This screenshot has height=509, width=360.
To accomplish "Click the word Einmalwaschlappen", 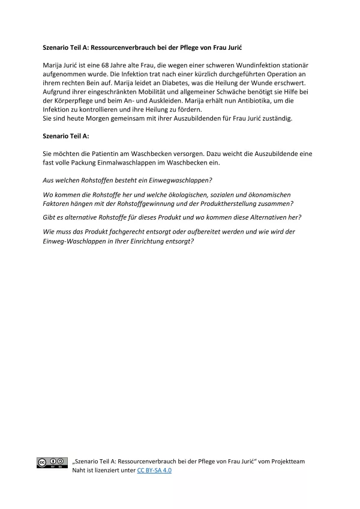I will click(142, 163).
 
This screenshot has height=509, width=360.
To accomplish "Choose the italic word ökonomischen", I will click(266, 194).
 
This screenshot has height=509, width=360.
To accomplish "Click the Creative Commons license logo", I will click(52, 462).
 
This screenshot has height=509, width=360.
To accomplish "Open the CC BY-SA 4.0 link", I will click(154, 471).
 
